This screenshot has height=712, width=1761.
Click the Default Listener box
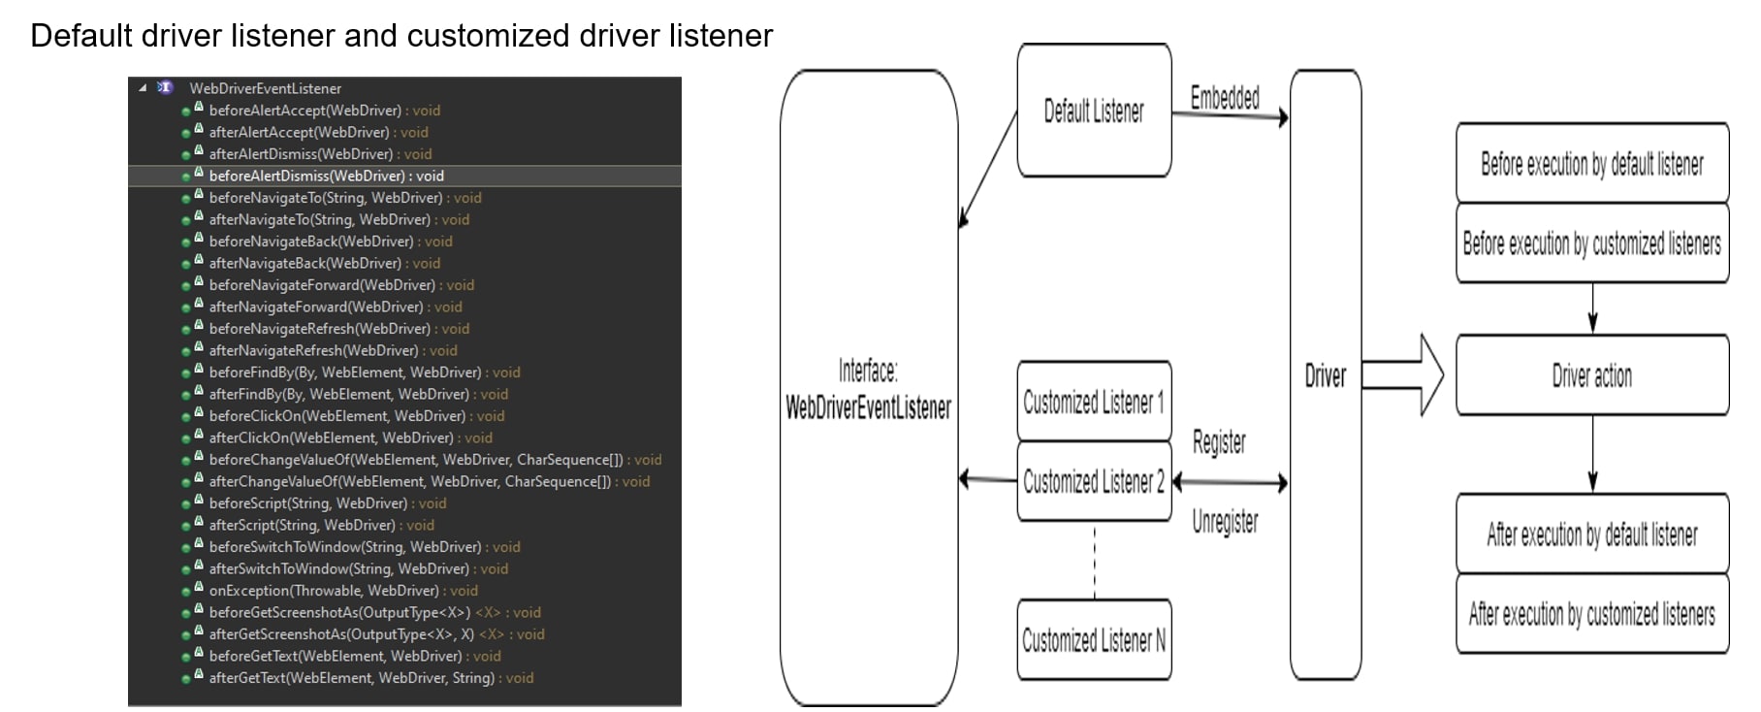point(1094,111)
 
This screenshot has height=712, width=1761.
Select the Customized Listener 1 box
point(1094,402)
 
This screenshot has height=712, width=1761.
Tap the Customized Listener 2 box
point(1094,481)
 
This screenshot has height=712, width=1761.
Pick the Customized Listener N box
point(1094,640)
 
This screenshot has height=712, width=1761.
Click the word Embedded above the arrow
point(1225,98)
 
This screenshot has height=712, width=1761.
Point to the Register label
point(1219,442)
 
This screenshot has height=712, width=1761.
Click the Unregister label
point(1225,522)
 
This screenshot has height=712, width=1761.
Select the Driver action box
point(1591,375)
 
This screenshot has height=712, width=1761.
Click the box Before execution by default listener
point(1591,164)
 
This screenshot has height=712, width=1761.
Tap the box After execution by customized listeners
point(1591,614)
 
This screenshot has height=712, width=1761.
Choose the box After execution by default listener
point(1591,534)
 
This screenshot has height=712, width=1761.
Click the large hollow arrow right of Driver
point(1403,375)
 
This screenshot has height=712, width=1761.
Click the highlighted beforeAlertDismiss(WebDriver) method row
point(326,176)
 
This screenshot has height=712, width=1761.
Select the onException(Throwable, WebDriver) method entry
point(324,591)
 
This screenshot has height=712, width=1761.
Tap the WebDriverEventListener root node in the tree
point(265,88)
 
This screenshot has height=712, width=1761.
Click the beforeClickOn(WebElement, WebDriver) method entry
point(337,416)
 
